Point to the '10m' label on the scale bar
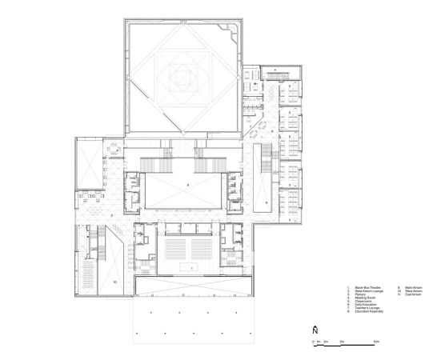click(375, 342)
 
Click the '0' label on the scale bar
click(313, 342)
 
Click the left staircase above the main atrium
click(167, 152)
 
